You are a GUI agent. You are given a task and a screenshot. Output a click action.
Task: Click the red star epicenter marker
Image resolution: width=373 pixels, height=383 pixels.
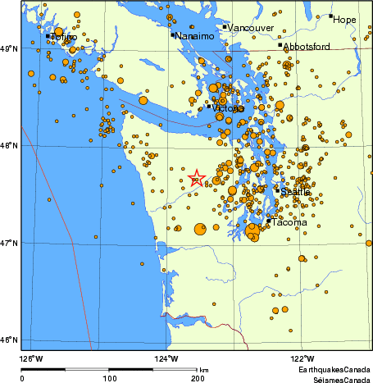tap(197, 179)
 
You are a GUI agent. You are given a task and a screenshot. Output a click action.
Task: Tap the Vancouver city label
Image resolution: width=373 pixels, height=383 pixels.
tap(250, 28)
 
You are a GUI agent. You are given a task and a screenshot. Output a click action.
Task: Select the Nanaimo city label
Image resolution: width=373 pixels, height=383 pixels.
tap(195, 36)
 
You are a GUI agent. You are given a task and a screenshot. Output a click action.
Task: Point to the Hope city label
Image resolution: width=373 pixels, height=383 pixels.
tap(345, 18)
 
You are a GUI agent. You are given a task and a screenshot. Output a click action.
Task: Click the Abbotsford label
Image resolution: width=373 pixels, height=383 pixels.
tap(307, 47)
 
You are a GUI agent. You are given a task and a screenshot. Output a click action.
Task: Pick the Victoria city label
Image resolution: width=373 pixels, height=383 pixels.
tap(228, 108)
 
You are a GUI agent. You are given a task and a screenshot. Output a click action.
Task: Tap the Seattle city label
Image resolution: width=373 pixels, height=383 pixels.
tap(295, 192)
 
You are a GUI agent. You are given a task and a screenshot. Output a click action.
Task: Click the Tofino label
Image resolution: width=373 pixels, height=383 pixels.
tap(64, 37)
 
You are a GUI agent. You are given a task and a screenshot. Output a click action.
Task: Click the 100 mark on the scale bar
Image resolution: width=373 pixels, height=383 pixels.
tap(109, 378)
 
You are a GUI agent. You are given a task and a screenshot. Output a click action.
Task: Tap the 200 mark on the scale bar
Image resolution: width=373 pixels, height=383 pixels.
tap(197, 378)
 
